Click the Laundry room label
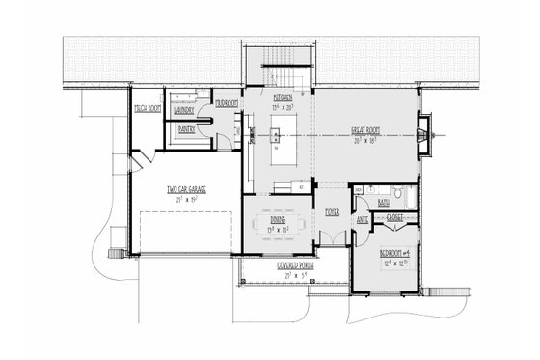point(185,111)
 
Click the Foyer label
point(331,211)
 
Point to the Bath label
point(384,203)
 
